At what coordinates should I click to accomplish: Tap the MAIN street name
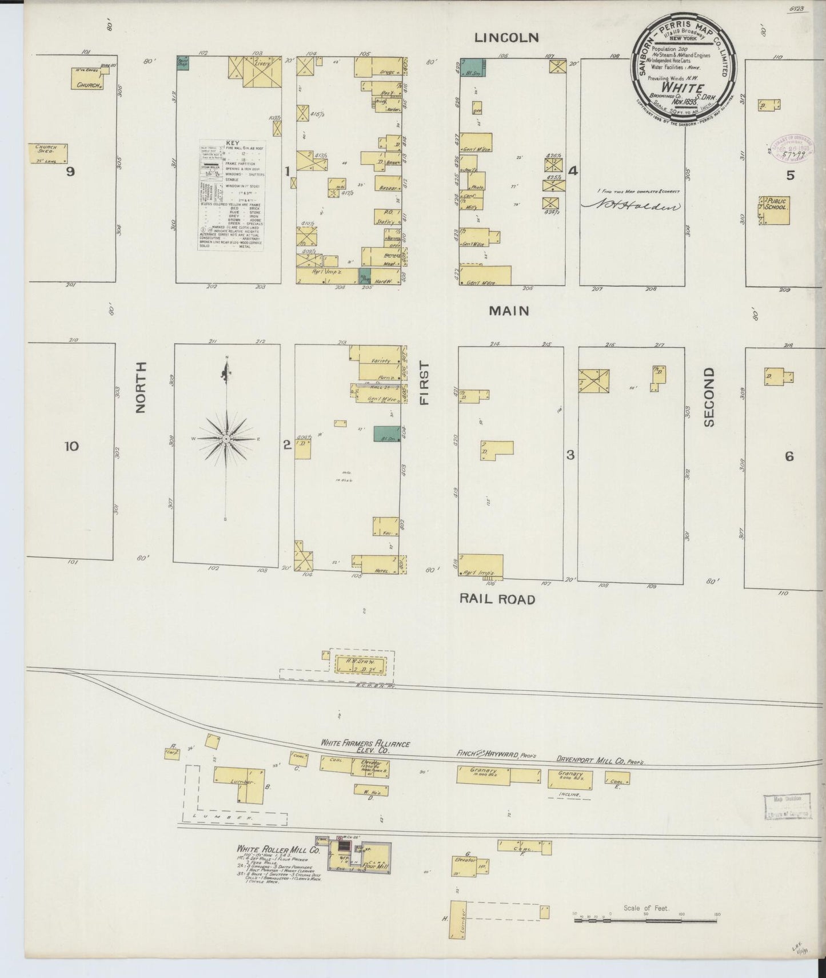click(x=508, y=311)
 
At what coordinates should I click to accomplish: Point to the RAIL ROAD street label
click(x=498, y=599)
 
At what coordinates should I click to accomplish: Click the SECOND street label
click(x=709, y=397)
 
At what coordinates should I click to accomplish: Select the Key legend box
click(x=231, y=194)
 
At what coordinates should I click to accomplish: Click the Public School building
click(x=774, y=210)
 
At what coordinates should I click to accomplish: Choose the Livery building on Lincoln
click(x=262, y=71)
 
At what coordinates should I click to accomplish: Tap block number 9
click(x=70, y=172)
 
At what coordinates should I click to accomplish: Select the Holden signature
click(x=631, y=207)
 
